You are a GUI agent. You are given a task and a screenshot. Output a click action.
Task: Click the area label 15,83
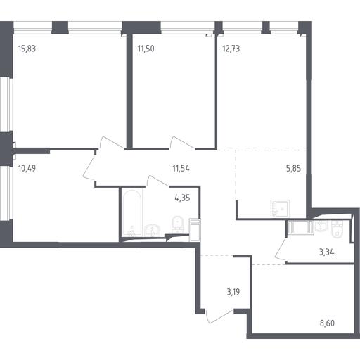[x=27, y=49]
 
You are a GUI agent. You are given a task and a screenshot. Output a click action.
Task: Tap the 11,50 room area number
[x=146, y=49]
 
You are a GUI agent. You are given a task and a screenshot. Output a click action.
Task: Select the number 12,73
[x=231, y=49]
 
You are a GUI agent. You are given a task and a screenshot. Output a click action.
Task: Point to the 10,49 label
[x=27, y=168]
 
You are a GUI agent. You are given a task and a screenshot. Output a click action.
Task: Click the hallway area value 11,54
[x=181, y=168]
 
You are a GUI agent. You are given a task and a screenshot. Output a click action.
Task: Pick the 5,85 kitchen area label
[x=293, y=168]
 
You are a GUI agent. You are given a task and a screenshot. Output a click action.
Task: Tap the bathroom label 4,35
[x=182, y=198]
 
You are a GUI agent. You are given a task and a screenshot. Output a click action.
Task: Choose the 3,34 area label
[x=327, y=252]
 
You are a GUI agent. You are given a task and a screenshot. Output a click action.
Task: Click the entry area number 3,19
[x=233, y=292]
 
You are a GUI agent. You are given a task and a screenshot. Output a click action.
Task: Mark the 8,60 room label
[x=327, y=323]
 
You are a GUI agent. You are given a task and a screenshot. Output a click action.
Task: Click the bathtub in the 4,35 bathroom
[x=132, y=212]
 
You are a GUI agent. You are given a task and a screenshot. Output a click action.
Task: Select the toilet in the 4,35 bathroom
[x=177, y=224]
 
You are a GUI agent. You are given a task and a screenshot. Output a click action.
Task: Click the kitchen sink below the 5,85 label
[x=280, y=209]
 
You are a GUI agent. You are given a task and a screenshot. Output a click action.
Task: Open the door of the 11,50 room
[x=181, y=142]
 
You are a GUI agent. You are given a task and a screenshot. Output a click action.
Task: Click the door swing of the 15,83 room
[x=112, y=142]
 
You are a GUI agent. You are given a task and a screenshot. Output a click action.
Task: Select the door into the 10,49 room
[x=89, y=167]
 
